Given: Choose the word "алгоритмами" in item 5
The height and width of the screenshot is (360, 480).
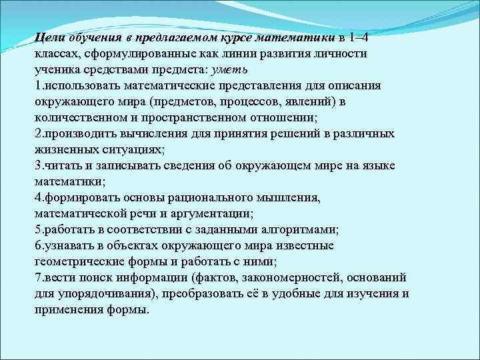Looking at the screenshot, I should pyautogui.click(x=300, y=229).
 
